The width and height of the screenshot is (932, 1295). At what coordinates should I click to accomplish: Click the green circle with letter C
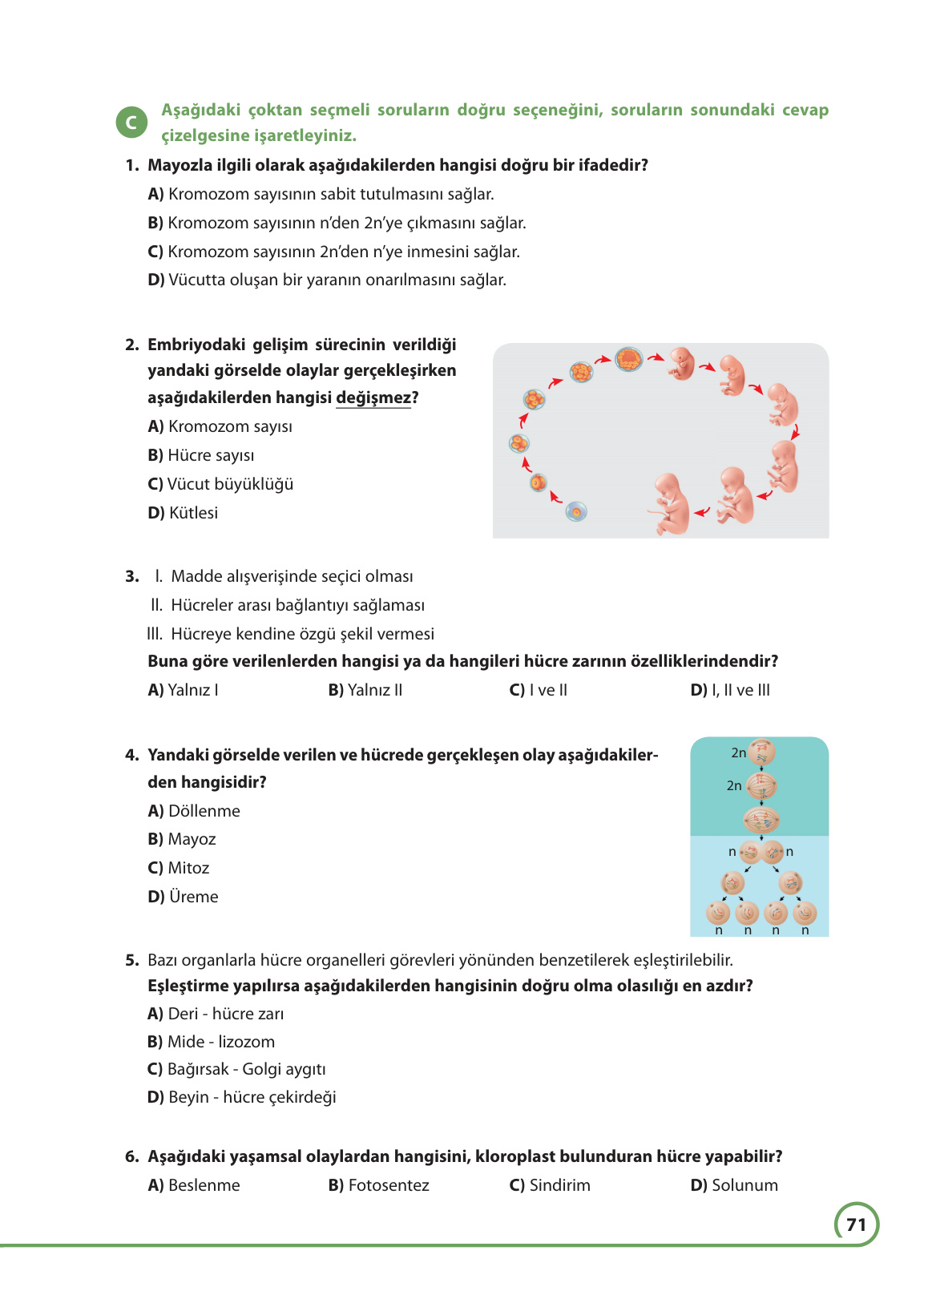131,123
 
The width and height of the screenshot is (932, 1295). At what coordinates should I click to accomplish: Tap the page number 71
856,1224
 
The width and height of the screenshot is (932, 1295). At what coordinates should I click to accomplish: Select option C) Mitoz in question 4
179,868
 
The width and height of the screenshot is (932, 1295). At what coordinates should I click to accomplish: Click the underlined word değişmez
373,397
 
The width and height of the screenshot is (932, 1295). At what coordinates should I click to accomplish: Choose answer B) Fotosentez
379,1185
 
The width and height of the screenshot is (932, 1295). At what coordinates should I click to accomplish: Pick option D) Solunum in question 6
734,1185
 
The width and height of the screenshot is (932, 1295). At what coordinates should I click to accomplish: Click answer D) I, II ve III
730,690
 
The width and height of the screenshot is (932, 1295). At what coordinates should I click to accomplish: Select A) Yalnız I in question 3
184,690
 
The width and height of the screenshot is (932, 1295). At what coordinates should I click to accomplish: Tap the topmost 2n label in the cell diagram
738,752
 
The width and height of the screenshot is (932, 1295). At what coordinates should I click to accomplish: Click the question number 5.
132,960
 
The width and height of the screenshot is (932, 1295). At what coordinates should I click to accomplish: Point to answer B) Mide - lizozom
212,1042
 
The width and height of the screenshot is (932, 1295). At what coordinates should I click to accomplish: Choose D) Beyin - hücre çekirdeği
242,1097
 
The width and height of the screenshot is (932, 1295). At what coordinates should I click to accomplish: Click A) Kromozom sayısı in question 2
220,426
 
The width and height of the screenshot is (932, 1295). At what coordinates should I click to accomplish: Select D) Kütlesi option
183,513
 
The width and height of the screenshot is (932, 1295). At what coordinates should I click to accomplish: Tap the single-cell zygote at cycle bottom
576,511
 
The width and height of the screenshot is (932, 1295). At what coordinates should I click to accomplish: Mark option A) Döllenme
194,811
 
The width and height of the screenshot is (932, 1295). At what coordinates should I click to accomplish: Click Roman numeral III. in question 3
155,634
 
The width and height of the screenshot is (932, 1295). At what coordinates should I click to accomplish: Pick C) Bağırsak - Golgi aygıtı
237,1069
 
